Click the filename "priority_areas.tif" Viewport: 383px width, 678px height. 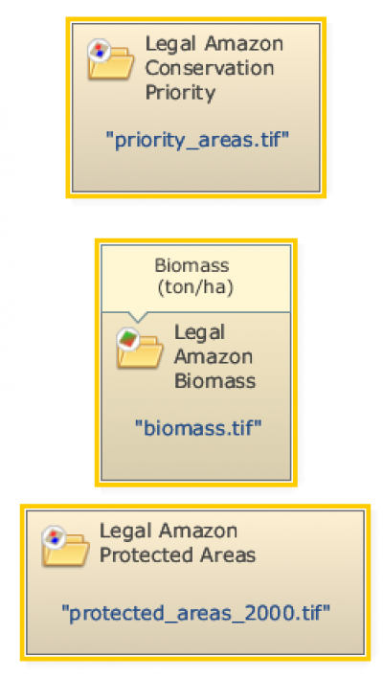coord(197,141)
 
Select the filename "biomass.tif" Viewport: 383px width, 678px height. coord(198,428)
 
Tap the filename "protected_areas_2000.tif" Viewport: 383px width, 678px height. coord(195,613)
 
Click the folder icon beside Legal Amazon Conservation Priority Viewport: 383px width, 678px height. coord(111,59)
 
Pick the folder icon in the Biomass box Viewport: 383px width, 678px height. coord(140,348)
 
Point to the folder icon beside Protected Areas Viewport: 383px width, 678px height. coord(65,545)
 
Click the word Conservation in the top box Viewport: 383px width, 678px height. coord(210,68)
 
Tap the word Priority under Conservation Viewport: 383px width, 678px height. coord(180,93)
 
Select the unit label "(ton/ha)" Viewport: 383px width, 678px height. coord(195,288)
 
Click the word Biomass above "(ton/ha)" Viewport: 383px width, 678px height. coord(191,265)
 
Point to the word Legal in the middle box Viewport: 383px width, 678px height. coord(199,333)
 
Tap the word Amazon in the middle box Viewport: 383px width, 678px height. coord(214,357)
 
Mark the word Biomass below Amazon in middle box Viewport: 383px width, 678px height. coord(214,381)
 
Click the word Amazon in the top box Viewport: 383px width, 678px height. coord(244,44)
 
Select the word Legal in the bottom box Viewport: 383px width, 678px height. coord(124,531)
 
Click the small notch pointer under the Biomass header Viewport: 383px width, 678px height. coord(138,317)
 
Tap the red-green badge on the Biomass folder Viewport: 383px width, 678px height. coord(128,339)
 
